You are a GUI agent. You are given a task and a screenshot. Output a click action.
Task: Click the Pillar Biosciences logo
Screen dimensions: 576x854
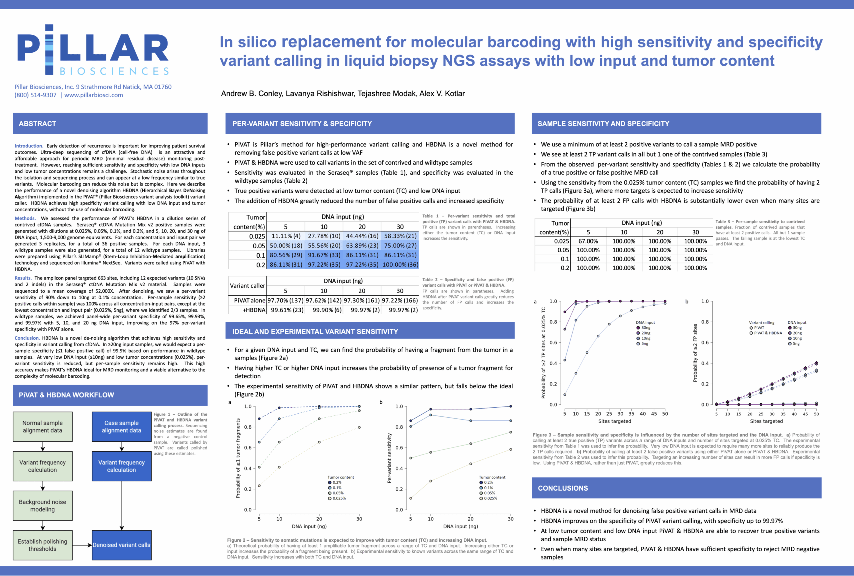[x=93, y=50]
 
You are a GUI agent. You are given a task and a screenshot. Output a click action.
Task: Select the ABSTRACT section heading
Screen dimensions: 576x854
[x=37, y=124]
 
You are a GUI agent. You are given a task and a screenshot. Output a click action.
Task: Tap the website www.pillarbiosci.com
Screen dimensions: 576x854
[x=94, y=95]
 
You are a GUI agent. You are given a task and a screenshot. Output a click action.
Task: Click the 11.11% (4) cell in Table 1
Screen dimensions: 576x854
[x=286, y=236]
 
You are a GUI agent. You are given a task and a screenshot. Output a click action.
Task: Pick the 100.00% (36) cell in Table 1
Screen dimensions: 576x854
[x=400, y=264]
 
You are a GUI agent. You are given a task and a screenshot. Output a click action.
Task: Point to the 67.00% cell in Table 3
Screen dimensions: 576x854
[x=588, y=241]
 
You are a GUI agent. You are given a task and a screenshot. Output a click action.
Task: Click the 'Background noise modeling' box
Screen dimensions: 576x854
[x=43, y=506]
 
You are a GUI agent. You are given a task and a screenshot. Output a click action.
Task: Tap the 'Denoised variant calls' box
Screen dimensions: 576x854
[x=121, y=545]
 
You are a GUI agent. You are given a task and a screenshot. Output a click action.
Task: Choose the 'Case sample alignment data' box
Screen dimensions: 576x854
[x=121, y=427]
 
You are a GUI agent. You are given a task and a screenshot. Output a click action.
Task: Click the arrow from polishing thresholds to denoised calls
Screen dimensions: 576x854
[x=82, y=545]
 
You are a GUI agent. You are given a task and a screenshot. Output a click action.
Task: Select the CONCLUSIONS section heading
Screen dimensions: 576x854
[x=563, y=488]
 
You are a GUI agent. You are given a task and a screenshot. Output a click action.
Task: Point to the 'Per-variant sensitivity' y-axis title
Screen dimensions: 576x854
[x=389, y=458]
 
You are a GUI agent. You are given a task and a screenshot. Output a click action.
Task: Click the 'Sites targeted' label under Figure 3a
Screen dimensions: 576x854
[x=614, y=421]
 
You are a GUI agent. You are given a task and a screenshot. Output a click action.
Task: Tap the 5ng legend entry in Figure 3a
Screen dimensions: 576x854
[x=644, y=344]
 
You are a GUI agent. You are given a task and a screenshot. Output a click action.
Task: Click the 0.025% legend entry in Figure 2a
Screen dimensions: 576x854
[x=339, y=499]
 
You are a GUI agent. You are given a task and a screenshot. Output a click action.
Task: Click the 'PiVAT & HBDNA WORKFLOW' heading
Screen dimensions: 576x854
[x=66, y=395]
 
